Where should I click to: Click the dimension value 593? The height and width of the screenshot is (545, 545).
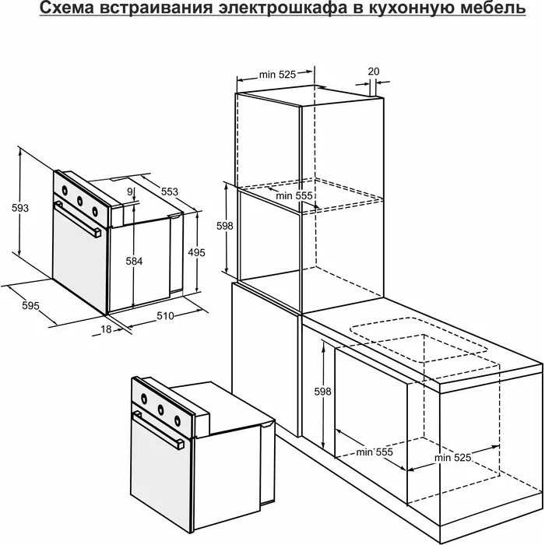click(20, 208)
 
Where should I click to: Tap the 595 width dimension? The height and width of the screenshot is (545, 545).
click(30, 305)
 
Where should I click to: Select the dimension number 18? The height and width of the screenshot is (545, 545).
click(106, 329)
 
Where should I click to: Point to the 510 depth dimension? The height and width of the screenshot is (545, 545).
click(165, 315)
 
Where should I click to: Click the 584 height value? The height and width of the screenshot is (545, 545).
click(134, 261)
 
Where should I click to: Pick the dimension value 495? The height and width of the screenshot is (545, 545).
click(196, 252)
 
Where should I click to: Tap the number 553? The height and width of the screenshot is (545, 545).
click(169, 192)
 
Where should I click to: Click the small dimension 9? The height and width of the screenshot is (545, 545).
click(130, 192)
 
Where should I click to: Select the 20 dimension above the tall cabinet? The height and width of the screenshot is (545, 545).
click(373, 72)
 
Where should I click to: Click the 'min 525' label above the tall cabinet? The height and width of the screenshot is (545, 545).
click(277, 75)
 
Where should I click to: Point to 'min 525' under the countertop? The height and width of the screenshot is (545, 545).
click(452, 458)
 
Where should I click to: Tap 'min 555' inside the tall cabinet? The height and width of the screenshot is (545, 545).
click(294, 195)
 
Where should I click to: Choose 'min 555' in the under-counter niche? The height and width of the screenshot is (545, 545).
click(374, 452)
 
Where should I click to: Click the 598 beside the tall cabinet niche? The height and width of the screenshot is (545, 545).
click(224, 226)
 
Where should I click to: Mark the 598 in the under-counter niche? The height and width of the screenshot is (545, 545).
click(322, 392)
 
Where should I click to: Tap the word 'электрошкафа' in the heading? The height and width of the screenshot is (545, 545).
click(282, 9)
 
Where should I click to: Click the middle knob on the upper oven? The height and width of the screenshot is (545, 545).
click(79, 200)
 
